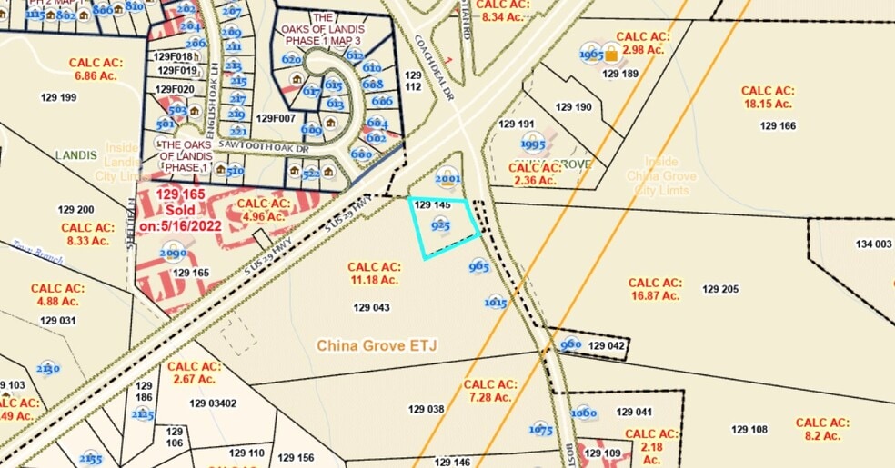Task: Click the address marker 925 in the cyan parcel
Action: (x=441, y=224)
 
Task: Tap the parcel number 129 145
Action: (x=432, y=205)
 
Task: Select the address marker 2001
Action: (x=448, y=179)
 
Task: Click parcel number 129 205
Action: (x=720, y=289)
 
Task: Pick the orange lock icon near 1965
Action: (x=612, y=55)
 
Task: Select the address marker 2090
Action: (x=173, y=253)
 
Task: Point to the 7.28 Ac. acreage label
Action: (x=490, y=391)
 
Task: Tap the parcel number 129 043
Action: (x=371, y=307)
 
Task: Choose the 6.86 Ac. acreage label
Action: (x=96, y=69)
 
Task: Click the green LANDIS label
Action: (x=75, y=155)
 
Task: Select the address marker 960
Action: (x=570, y=344)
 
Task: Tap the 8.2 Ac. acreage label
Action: (x=822, y=429)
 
